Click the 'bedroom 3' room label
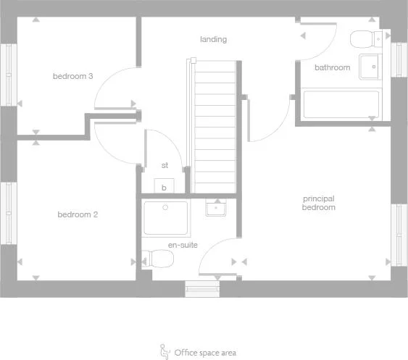click(x=72, y=76)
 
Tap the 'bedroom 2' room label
click(x=78, y=214)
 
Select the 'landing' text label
click(x=213, y=39)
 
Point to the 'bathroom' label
click(x=332, y=67)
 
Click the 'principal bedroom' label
click(x=319, y=203)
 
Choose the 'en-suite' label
click(x=183, y=245)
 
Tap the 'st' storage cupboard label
click(x=165, y=165)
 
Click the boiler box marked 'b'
click(x=165, y=186)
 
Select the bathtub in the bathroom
click(x=341, y=104)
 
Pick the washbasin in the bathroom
click(x=371, y=66)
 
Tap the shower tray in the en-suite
click(x=166, y=218)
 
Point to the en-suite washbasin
click(x=216, y=209)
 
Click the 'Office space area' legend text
click(x=205, y=353)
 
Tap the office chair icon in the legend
click(x=164, y=351)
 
